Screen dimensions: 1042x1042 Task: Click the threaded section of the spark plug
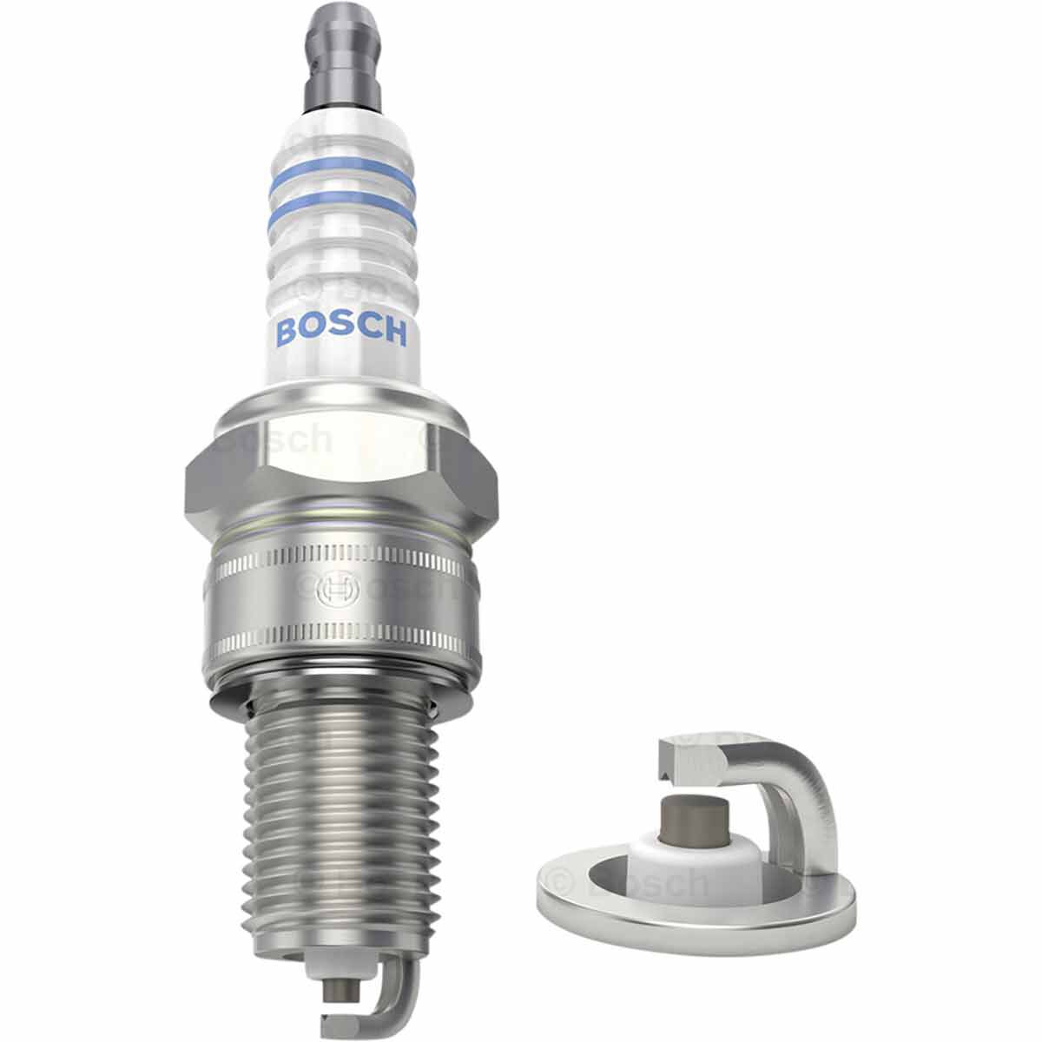pyautogui.click(x=339, y=816)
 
